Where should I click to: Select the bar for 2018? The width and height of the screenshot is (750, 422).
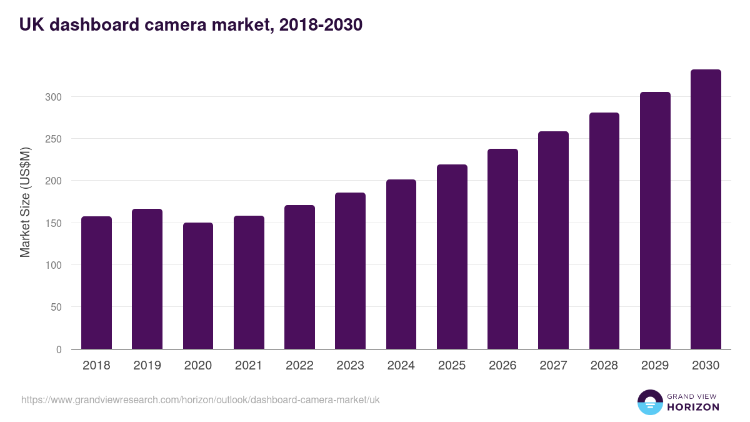[x=96, y=283]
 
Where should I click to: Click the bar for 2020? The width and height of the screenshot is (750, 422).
[x=198, y=286]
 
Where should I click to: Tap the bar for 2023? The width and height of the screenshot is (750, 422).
[x=350, y=271]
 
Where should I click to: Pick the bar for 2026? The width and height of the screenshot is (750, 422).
[x=502, y=249]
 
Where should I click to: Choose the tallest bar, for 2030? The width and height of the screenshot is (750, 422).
[x=706, y=209]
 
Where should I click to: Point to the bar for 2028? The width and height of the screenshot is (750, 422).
[x=604, y=231]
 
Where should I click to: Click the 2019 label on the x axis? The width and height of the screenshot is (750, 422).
[x=147, y=366]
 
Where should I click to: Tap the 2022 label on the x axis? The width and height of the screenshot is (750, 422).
[x=299, y=366]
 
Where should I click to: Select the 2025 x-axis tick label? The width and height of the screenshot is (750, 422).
[x=452, y=366]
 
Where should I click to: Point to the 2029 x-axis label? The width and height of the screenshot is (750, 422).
[x=655, y=366]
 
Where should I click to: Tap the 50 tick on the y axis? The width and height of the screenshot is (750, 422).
[x=56, y=307]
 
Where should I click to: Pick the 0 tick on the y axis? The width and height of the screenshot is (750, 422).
[x=59, y=349]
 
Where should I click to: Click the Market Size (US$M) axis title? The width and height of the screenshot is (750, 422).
[x=25, y=202]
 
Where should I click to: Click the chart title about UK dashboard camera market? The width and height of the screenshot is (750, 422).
[x=191, y=25]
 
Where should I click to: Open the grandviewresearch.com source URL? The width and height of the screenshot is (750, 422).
[x=201, y=399]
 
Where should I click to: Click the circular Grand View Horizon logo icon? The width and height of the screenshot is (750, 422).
[x=650, y=402]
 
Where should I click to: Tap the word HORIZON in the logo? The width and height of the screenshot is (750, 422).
[x=693, y=407]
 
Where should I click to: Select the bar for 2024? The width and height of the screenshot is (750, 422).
[x=401, y=264]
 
